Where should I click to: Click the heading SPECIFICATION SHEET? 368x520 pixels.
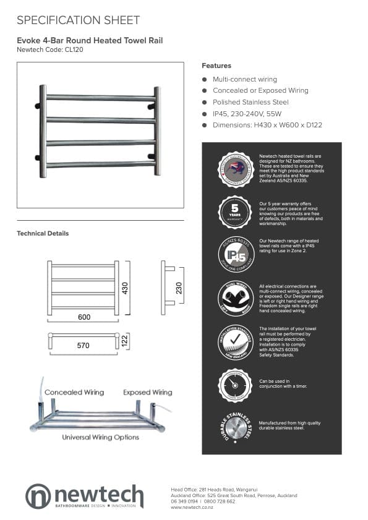(x=78, y=20)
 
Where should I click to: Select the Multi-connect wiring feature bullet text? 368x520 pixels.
(x=244, y=79)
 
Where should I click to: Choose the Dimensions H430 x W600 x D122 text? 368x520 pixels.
(x=267, y=125)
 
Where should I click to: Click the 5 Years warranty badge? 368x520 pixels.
(x=234, y=211)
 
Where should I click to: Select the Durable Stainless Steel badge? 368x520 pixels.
(x=234, y=427)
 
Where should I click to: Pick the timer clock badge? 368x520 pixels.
(x=234, y=385)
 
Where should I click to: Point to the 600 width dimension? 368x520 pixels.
(x=84, y=317)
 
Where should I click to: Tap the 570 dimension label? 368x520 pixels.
(x=83, y=346)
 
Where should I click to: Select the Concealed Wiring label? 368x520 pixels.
(x=74, y=393)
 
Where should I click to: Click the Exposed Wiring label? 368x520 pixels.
(x=147, y=393)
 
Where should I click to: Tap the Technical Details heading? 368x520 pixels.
(x=43, y=233)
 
